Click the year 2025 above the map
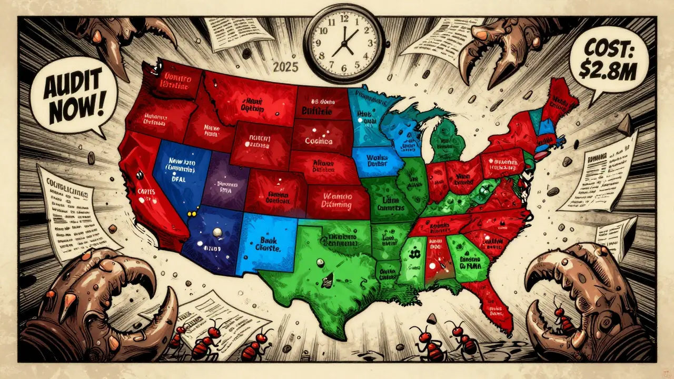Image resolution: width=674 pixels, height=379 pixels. pyautogui.click(x=286, y=67)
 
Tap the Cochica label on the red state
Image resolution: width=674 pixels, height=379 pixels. pyautogui.click(x=319, y=141)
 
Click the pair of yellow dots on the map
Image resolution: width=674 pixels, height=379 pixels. pyautogui.click(x=193, y=213)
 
